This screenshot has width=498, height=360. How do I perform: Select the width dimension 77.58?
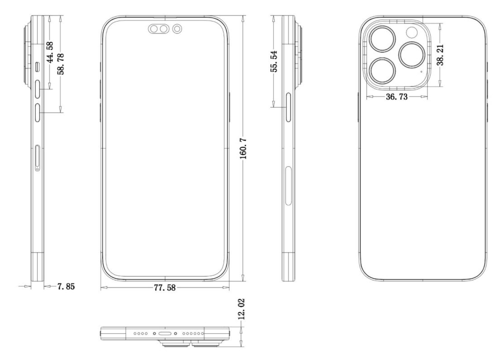pyautogui.click(x=165, y=287)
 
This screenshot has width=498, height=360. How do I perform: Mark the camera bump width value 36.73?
pyautogui.click(x=396, y=97)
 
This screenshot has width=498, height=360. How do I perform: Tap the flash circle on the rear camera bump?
pyautogui.click(x=412, y=32)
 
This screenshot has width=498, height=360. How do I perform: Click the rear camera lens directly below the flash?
pyautogui.click(x=412, y=55)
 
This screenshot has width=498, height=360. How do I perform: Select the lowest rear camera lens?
pyautogui.click(x=382, y=72)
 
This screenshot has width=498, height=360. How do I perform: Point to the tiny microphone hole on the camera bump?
pyautogui.click(x=421, y=72)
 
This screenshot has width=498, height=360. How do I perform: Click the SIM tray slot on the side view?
pyautogui.click(x=37, y=157)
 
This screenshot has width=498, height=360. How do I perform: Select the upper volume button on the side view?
pyautogui.click(x=37, y=89)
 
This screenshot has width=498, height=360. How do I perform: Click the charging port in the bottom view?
pyautogui.click(x=165, y=333)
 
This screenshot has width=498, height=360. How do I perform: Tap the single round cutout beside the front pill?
pyautogui.click(x=177, y=30)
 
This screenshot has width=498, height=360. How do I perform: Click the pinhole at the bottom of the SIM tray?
pyautogui.click(x=37, y=169)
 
